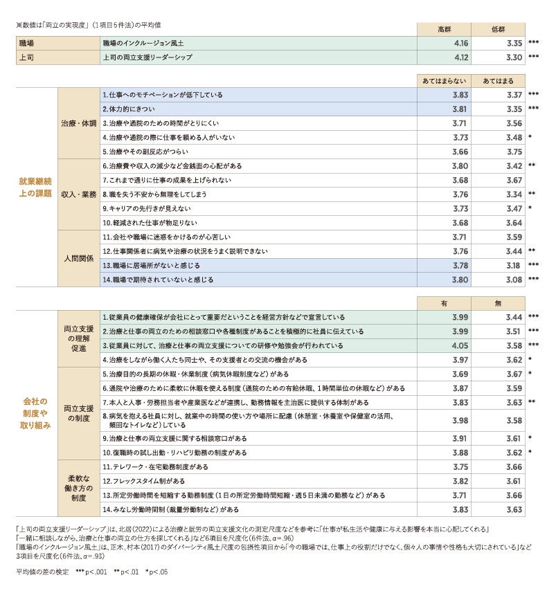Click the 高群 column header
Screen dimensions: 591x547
point(444,29)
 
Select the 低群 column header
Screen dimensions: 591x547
point(498,29)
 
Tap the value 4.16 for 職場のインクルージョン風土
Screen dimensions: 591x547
point(460,43)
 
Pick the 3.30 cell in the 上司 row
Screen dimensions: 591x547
point(513,57)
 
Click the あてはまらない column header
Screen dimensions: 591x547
point(445,80)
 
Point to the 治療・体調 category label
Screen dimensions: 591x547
point(78,122)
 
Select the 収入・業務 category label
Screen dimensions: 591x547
point(78,194)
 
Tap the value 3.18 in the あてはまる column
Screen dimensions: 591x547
point(513,265)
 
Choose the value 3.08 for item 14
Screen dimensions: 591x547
point(513,280)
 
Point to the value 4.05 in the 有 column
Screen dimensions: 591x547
point(460,345)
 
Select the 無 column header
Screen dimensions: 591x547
point(498,302)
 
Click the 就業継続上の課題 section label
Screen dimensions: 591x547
point(35,187)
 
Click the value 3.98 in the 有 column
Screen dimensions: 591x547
point(460,420)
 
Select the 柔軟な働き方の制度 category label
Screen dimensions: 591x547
point(78,488)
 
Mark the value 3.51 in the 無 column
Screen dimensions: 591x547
point(513,331)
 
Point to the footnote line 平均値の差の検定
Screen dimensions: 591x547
point(91,572)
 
